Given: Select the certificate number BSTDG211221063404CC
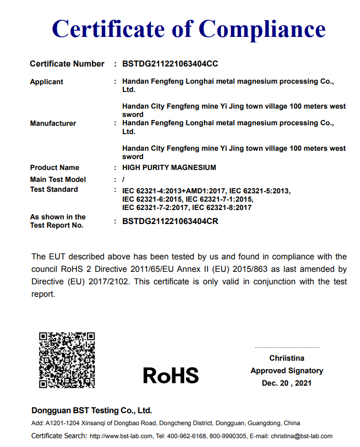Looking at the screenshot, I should (x=170, y=64).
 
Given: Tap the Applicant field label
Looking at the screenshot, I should (x=46, y=82).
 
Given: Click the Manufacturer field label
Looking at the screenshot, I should (x=53, y=123).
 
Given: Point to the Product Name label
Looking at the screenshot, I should (x=55, y=167).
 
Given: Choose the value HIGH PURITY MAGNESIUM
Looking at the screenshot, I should (x=169, y=167).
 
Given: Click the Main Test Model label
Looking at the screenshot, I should (x=58, y=179).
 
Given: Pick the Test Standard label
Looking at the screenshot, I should (x=54, y=189).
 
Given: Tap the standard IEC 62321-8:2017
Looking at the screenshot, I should (x=222, y=207).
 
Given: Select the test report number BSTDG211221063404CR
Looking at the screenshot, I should (x=170, y=221).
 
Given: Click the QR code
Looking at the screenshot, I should (x=67, y=360).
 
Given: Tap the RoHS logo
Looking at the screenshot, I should (x=171, y=375).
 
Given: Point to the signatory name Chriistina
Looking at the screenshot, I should (x=287, y=358).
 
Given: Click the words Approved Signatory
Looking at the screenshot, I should (x=287, y=371).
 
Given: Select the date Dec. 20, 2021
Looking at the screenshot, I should (x=287, y=383).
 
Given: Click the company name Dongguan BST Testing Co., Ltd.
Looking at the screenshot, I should (x=92, y=410).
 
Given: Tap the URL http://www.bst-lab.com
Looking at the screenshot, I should (x=121, y=436).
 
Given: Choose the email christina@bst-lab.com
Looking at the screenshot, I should (x=301, y=436).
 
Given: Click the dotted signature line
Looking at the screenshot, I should (x=287, y=347).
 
